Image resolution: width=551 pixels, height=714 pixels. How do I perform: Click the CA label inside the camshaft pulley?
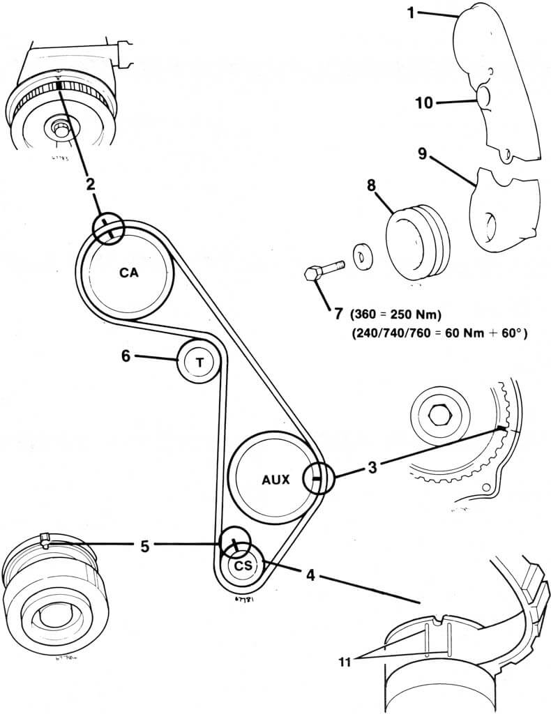pyautogui.click(x=128, y=273)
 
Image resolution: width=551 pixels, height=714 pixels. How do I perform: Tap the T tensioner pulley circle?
pyautogui.click(x=200, y=362)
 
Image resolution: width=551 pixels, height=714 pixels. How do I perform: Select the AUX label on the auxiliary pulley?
pyautogui.click(x=275, y=480)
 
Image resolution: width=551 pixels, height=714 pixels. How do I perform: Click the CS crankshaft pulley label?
pyautogui.click(x=242, y=565)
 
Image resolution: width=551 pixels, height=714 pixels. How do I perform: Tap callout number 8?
pyautogui.click(x=371, y=187)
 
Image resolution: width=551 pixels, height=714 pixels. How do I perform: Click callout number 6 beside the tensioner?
pyautogui.click(x=126, y=356)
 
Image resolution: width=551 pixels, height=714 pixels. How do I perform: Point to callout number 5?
pyautogui.click(x=144, y=546)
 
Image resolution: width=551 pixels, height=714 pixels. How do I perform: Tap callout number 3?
pyautogui.click(x=372, y=467)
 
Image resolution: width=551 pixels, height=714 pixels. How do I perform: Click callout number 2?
pyautogui.click(x=90, y=184)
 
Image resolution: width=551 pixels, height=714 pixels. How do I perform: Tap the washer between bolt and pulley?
pyautogui.click(x=362, y=257)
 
